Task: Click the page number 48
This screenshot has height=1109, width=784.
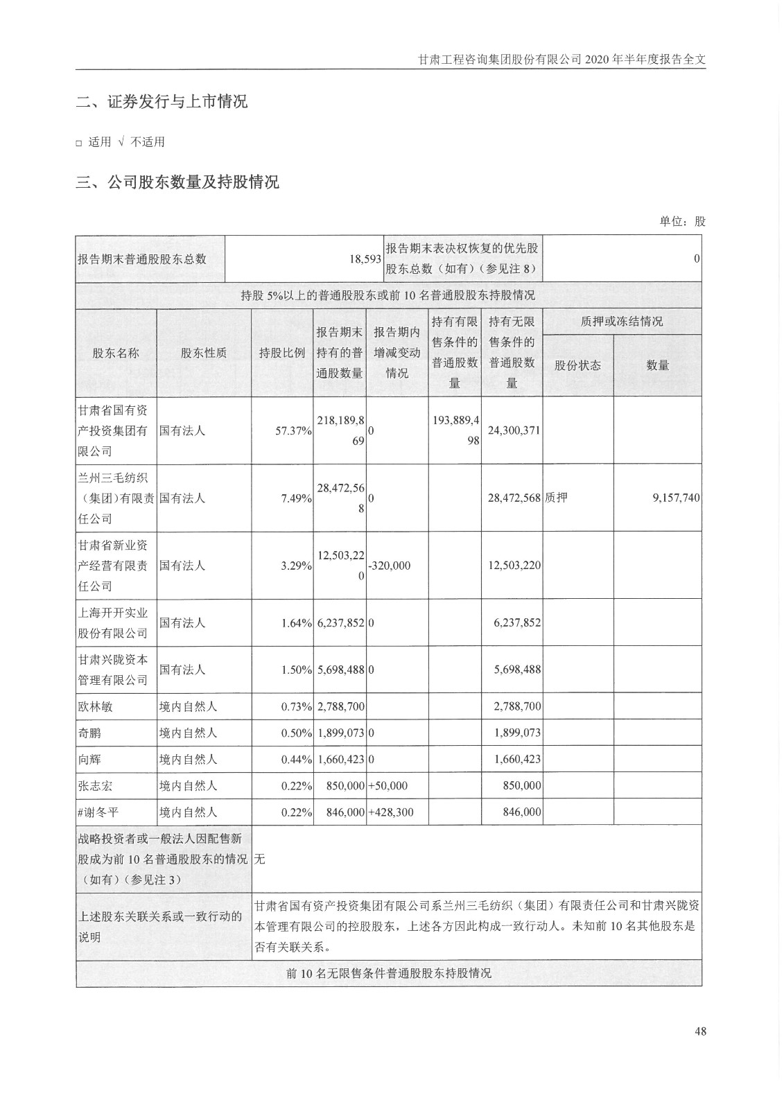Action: coord(699,1031)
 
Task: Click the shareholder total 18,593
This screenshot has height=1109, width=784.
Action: coord(365,259)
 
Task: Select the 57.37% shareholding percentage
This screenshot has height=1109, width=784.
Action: coord(293,431)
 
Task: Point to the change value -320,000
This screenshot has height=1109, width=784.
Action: coord(390,566)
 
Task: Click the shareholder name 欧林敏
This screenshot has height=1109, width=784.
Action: coord(96,707)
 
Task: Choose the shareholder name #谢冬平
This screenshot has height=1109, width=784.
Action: coord(98,812)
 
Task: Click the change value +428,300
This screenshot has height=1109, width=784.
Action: coord(391,812)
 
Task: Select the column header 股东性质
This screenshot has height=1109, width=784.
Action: coord(204,353)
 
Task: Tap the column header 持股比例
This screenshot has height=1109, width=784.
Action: coord(282,353)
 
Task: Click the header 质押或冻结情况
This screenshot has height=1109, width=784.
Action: coord(622,321)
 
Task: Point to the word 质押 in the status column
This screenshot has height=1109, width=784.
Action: coord(557,498)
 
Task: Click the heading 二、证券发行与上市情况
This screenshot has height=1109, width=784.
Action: coord(162,103)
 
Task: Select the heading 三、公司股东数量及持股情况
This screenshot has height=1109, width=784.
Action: coord(177,183)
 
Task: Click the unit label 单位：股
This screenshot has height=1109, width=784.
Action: coord(682,222)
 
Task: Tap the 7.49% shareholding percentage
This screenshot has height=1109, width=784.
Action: coord(296,498)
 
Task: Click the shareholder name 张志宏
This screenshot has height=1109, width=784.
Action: coord(96,785)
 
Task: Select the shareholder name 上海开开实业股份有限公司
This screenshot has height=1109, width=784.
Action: coord(113,623)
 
